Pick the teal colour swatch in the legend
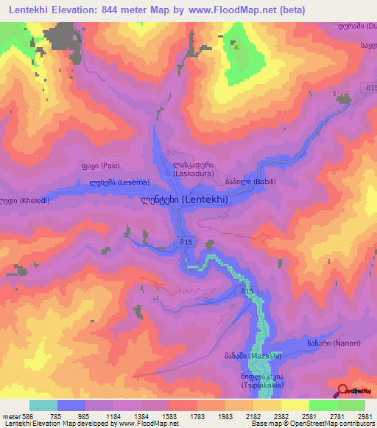point(43,405)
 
